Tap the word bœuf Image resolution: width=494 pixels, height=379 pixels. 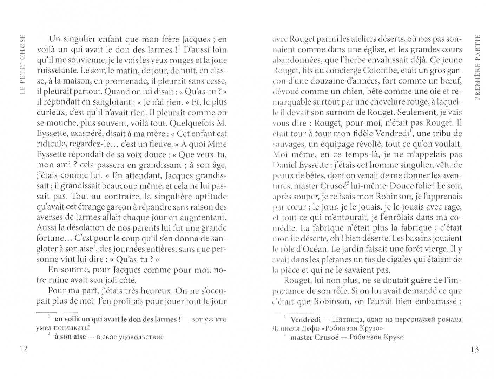[x=450, y=81]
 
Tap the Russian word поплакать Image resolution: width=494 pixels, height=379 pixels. [x=66, y=328]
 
